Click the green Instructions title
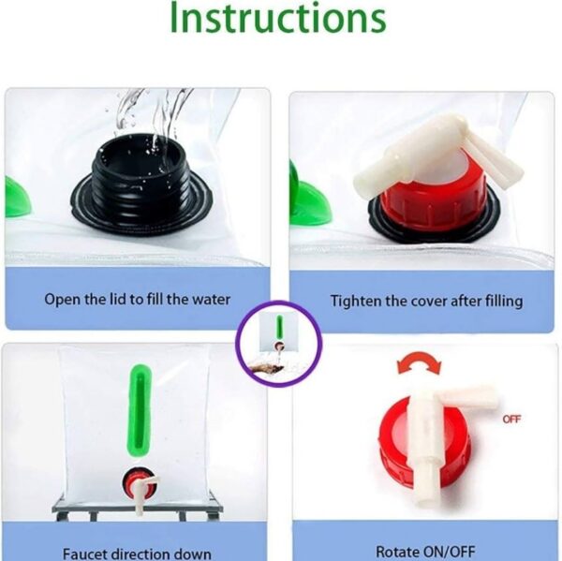[278, 17]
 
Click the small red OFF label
[511, 419]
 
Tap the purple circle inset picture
[279, 344]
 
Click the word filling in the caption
[504, 302]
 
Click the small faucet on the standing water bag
[139, 488]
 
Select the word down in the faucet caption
[194, 554]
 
